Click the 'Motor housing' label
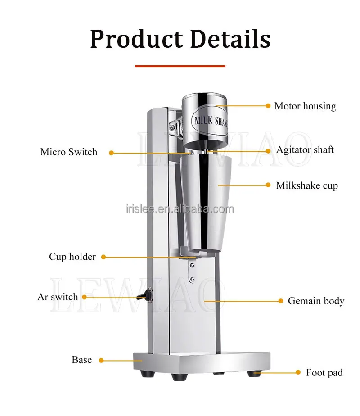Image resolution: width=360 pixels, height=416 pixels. [x=305, y=106]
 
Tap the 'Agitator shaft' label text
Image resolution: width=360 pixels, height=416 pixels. [x=305, y=150]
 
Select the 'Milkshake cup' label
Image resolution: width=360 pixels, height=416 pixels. [x=307, y=185]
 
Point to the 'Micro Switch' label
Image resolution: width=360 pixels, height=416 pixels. [x=69, y=152]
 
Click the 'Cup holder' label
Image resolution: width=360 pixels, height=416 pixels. [x=72, y=257]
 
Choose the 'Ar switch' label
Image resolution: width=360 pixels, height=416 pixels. [x=58, y=297]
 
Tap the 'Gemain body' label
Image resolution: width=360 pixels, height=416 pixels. [x=316, y=301]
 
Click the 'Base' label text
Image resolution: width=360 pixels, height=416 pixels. [x=81, y=359]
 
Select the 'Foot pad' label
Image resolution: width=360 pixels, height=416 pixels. [x=324, y=372]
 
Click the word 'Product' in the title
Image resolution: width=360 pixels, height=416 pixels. [x=136, y=39]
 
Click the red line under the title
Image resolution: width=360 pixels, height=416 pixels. [x=180, y=66]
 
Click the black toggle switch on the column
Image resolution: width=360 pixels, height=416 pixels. [x=145, y=295]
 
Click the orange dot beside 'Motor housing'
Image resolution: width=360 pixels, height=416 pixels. [x=268, y=106]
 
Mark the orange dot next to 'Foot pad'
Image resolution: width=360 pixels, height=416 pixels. [x=298, y=372]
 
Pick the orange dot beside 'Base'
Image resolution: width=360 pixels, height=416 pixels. [x=101, y=360]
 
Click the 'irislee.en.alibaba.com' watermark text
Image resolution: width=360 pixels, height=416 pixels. [x=180, y=209]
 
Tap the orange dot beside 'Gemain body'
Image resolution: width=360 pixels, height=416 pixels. [x=281, y=301]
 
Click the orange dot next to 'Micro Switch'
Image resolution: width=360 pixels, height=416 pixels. [x=111, y=153]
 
